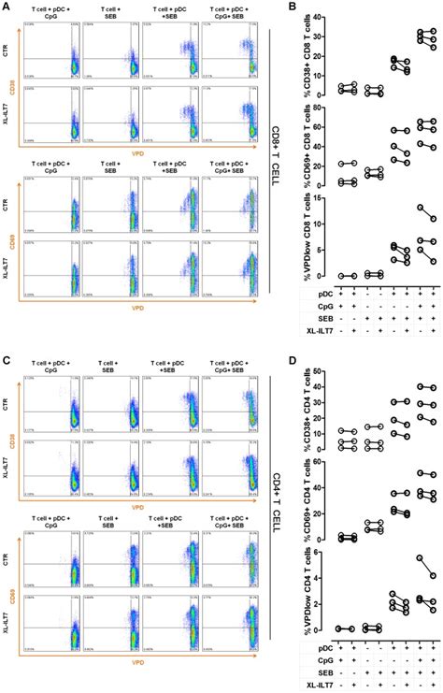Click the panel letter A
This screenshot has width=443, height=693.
coord(6,7)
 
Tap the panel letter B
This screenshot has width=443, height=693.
coord(291,7)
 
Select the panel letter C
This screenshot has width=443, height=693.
coord(6,350)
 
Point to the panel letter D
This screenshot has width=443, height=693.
coord(291,350)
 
